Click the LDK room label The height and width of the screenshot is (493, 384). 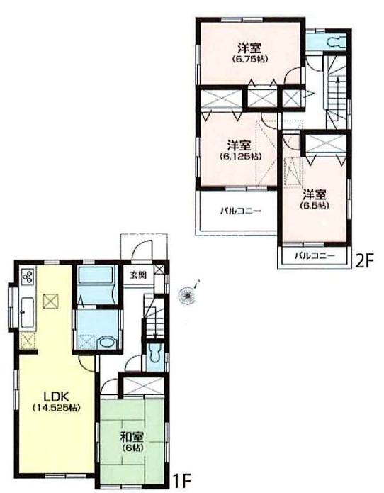pyautogui.click(x=57, y=396)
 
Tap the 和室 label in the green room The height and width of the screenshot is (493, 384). pyautogui.click(x=132, y=437)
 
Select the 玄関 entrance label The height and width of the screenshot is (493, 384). pyautogui.click(x=138, y=275)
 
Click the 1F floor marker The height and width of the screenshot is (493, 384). pyautogui.click(x=181, y=480)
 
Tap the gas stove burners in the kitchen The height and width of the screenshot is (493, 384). pyautogui.click(x=28, y=277)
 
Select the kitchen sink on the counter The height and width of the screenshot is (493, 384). pyautogui.click(x=27, y=313)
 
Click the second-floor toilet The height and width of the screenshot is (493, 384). pyautogui.click(x=335, y=42)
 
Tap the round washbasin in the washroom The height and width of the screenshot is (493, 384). pyautogui.click(x=106, y=343)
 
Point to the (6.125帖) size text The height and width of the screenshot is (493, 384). pyautogui.click(x=242, y=156)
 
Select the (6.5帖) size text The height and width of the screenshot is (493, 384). pyautogui.click(x=315, y=206)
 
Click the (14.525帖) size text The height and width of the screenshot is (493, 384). pyautogui.click(x=57, y=408)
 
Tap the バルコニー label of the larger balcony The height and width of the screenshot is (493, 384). pyautogui.click(x=240, y=211)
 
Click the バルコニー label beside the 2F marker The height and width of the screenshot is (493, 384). pyautogui.click(x=315, y=256)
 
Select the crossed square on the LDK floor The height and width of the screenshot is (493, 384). pyautogui.click(x=51, y=301)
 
